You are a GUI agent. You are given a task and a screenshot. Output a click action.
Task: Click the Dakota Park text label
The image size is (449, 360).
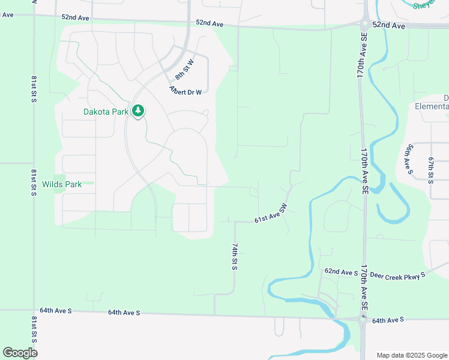[x=106, y=111]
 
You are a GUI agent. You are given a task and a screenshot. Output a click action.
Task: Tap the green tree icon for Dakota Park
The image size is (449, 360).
[x=139, y=111]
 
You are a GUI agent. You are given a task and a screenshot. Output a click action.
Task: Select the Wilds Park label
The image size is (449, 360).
[x=62, y=184]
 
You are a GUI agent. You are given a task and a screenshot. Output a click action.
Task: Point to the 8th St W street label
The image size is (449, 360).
[x=185, y=70]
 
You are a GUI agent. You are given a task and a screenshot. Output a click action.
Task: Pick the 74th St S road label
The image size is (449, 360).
[x=234, y=257]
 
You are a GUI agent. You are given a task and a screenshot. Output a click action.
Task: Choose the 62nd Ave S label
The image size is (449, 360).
[x=341, y=272]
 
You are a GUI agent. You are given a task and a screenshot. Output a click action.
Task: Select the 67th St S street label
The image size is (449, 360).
[x=430, y=170]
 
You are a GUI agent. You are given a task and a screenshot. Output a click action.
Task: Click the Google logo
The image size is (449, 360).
[x=20, y=353]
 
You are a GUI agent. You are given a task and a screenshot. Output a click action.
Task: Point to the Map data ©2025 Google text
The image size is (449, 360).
[x=411, y=355]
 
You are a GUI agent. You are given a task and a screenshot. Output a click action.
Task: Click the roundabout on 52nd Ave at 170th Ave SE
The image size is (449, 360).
[x=364, y=25]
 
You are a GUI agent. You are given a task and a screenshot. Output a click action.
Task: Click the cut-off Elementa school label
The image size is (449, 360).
[x=432, y=106]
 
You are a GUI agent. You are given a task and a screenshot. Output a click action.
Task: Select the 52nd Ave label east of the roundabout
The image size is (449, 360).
[x=389, y=26]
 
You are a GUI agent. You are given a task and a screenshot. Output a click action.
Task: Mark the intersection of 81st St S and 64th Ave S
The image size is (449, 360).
[x=34, y=310]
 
